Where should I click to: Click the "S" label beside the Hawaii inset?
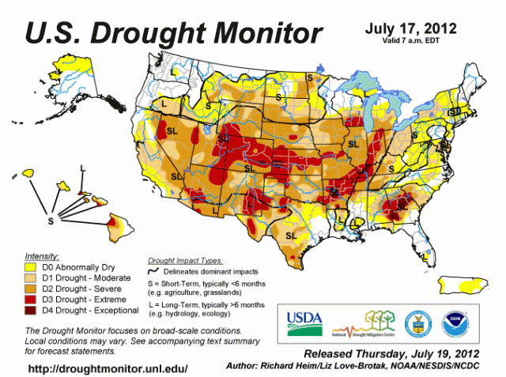[51, 221]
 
